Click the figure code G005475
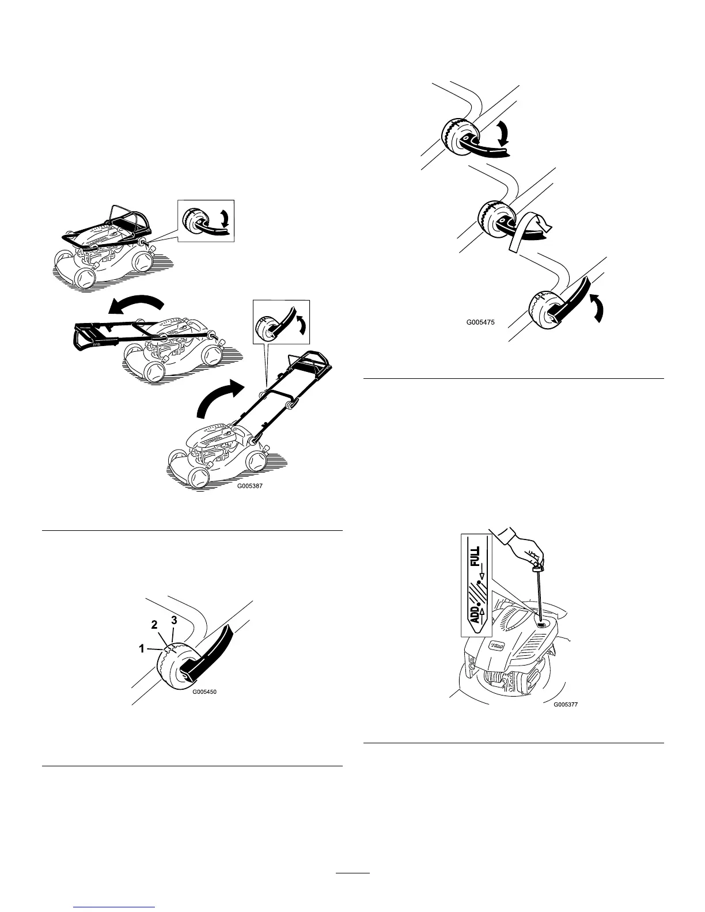(481, 323)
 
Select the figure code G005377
(564, 704)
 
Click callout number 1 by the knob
(141, 648)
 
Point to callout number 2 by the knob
(154, 624)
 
